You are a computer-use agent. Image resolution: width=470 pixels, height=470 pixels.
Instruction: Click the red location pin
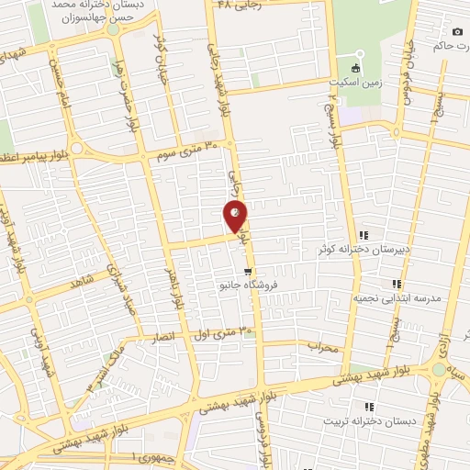236,217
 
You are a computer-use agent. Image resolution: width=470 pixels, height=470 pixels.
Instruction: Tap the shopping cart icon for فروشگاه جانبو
248,271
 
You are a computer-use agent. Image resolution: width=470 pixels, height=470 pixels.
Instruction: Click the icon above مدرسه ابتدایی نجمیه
397,284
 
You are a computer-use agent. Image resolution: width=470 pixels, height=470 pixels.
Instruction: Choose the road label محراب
325,348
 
